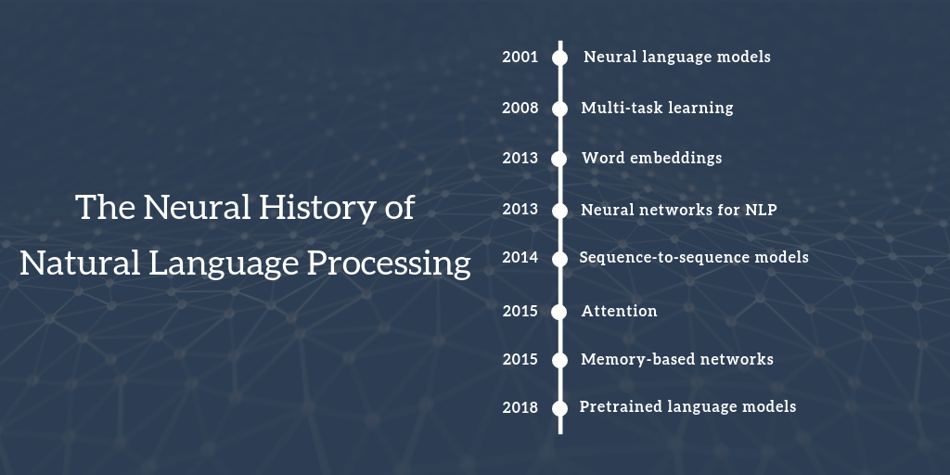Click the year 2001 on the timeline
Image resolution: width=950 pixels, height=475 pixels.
[x=520, y=58]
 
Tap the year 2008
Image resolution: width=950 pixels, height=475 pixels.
[x=520, y=109]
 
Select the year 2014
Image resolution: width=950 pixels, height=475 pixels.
[x=520, y=258]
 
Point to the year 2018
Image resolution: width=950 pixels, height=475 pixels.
[x=520, y=407]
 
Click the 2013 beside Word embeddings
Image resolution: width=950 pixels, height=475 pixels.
[x=520, y=159]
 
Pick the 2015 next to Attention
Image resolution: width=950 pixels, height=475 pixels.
[x=520, y=312]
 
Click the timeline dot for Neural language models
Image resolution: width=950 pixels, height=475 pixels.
[x=559, y=58]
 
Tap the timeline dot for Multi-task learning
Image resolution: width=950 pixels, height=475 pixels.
[x=559, y=109]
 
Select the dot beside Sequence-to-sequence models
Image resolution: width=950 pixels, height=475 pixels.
[x=559, y=258]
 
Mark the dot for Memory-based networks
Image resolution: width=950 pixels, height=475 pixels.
[x=559, y=360]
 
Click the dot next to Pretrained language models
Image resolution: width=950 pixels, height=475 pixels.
[x=559, y=408]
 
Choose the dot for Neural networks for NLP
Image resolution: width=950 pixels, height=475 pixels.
[x=559, y=211]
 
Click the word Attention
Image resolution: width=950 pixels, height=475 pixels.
[x=619, y=312]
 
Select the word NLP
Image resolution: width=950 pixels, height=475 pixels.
[x=760, y=210]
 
